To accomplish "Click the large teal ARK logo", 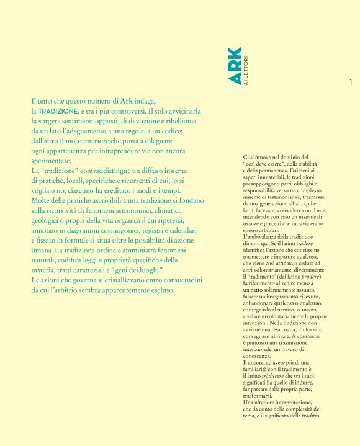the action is [234, 65].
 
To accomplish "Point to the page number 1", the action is [351, 83].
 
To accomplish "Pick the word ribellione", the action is [177, 120].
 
